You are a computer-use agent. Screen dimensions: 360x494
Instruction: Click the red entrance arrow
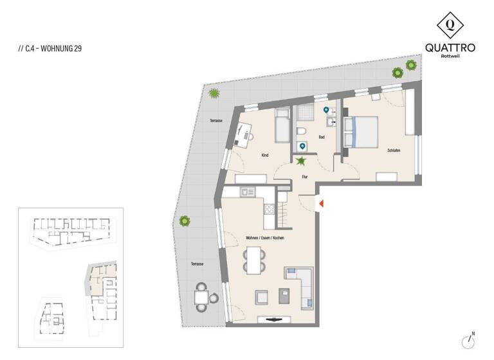[321, 204]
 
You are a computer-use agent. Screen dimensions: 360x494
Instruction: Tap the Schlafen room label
[394, 150]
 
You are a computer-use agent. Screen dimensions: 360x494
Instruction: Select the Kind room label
[264, 155]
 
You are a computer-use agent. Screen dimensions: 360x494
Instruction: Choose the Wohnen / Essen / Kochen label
[265, 238]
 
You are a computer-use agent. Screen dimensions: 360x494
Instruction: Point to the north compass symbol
[468, 340]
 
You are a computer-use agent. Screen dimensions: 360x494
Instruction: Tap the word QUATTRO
[450, 47]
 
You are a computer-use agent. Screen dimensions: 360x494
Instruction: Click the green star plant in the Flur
[300, 161]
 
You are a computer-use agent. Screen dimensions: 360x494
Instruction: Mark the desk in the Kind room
[242, 133]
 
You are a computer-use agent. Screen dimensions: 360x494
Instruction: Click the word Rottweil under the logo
[450, 56]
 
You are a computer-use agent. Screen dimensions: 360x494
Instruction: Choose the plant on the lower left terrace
[185, 221]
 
